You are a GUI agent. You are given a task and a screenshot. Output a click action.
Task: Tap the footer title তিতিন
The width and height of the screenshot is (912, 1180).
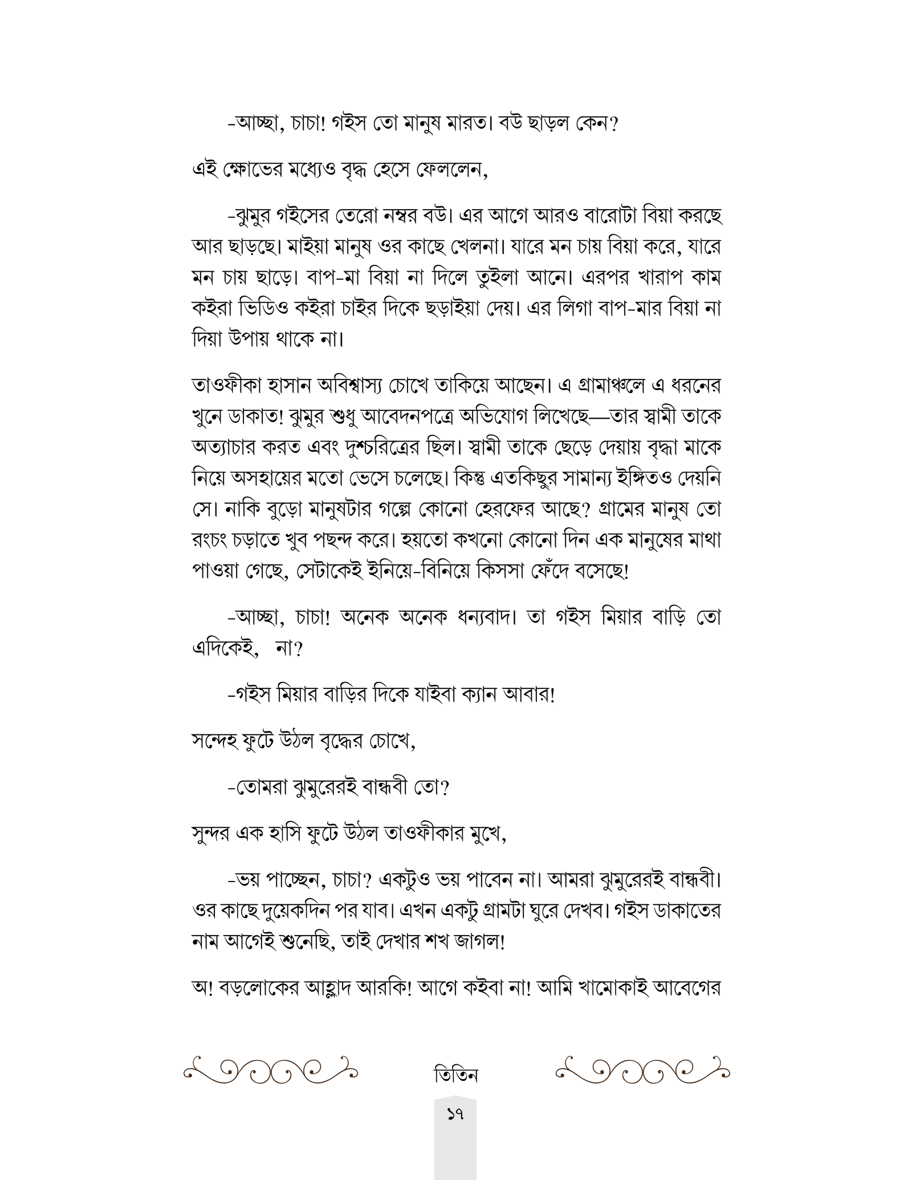point(455,1075)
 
